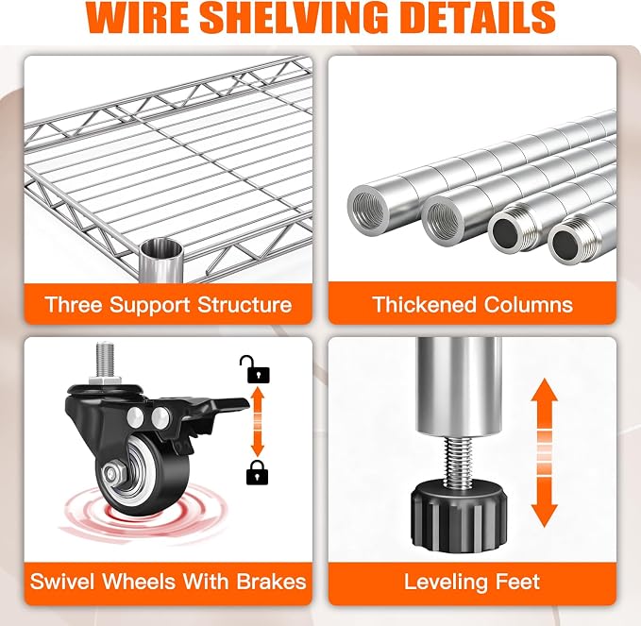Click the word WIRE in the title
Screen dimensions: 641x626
coord(138,17)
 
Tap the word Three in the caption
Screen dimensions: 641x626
coord(74,305)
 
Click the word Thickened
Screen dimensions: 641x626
coord(425,305)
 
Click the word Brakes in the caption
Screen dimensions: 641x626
coord(272,581)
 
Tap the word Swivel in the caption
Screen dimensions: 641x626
coord(62,581)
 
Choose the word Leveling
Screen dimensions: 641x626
coord(446,583)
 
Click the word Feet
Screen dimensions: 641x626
coord(517,581)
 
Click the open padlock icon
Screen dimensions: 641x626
coord(255,369)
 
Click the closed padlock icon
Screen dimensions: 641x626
coord(257,472)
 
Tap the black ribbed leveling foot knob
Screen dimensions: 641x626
coord(459,516)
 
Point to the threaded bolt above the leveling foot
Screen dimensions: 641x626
coord(458,461)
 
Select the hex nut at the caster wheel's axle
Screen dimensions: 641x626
coord(113,473)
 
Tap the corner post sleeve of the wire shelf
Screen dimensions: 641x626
coord(160,261)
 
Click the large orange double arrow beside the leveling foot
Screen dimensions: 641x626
coord(544,452)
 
